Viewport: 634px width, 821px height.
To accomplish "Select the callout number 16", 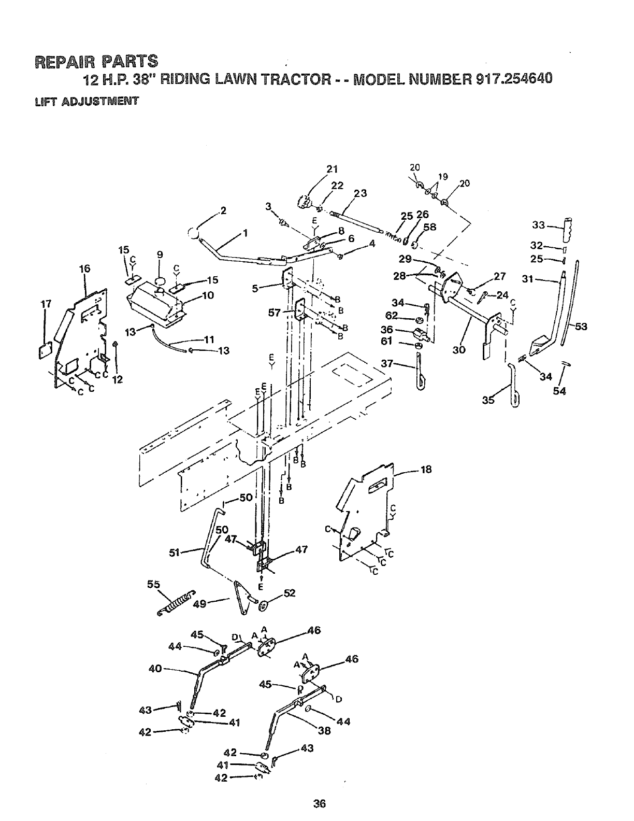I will click(84, 268).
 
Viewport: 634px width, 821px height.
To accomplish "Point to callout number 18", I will click(426, 470).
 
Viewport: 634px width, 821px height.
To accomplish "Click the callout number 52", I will click(290, 594).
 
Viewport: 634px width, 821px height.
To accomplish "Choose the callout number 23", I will click(360, 194).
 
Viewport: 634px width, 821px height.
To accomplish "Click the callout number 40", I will click(155, 669).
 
